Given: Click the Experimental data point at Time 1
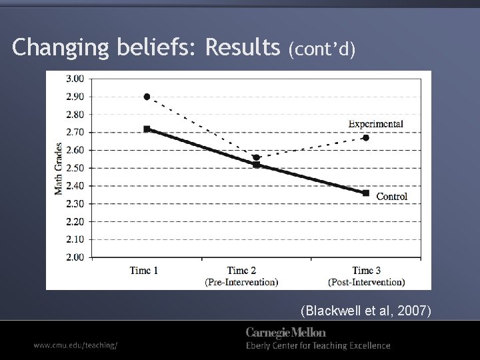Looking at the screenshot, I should tap(147, 97).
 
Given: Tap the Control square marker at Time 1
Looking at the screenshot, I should tap(147, 129).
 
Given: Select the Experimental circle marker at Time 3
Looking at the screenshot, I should tap(366, 137).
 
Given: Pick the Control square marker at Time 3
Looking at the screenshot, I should tap(366, 193).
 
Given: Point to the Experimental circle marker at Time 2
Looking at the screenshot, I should tap(256, 157).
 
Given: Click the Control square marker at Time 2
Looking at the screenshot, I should tap(256, 165).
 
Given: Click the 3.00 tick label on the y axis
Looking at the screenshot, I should tap(75, 79).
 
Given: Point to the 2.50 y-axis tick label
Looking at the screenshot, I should tap(75, 168).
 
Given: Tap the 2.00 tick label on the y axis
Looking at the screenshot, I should tap(75, 257).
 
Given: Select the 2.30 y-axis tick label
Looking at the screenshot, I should tap(75, 204).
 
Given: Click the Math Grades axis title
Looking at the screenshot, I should tap(59, 168).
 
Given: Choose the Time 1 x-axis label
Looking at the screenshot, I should tap(144, 271).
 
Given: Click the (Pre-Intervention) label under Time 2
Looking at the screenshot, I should tap(241, 282).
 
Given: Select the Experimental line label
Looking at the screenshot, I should tap(375, 124).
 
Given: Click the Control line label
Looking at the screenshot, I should tap(392, 196).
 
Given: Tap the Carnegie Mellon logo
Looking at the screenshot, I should tap(286, 332).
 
